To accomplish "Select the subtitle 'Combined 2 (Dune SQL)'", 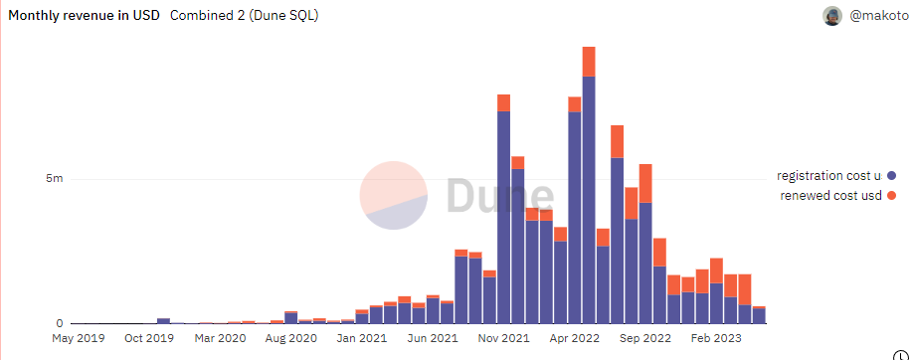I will point(244,16).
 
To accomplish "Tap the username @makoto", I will point(876,16).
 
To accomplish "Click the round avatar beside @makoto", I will point(832,16).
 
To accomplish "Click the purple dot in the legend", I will point(891,175).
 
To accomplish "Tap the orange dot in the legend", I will point(891,195).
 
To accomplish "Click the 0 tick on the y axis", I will point(60,323).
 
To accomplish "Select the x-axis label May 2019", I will point(79,338).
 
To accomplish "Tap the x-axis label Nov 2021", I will point(504,338).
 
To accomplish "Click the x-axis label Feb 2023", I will point(717,338).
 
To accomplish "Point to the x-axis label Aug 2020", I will point(291,338).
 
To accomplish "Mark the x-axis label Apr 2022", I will point(575,338).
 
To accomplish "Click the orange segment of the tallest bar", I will point(589,62).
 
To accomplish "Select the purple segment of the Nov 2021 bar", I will point(504,219).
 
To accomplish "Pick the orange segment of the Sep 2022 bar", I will point(645,183).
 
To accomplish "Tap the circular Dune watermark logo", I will point(393,195).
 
